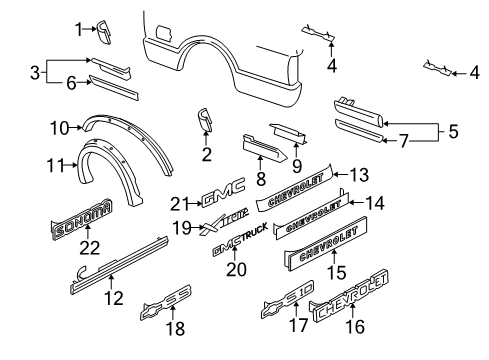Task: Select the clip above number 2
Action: tap(207, 121)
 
